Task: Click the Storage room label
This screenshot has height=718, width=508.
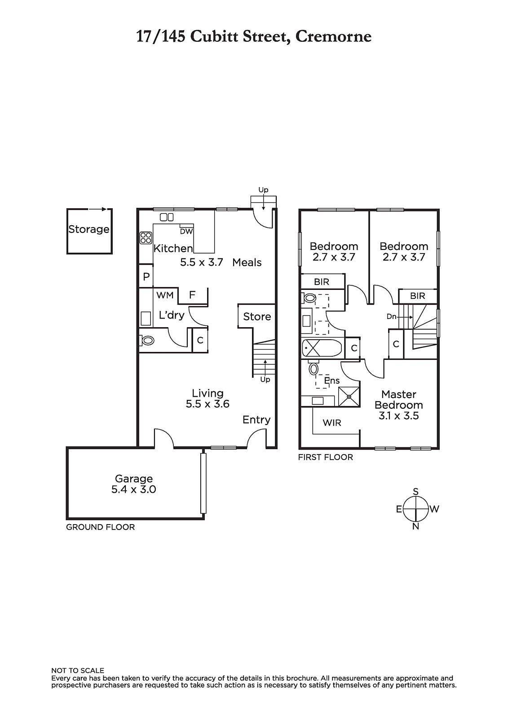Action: [89, 229]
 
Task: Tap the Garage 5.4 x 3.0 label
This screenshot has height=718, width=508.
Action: [133, 484]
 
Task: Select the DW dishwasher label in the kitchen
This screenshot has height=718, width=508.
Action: [186, 231]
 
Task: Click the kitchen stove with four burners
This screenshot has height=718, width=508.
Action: [146, 238]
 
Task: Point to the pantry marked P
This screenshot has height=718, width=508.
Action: [146, 276]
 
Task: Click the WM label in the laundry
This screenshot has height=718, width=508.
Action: [165, 295]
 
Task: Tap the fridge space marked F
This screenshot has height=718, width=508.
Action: [192, 295]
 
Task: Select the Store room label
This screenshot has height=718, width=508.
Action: [257, 317]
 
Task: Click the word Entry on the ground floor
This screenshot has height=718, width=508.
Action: [256, 420]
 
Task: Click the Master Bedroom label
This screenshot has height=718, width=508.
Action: [399, 399]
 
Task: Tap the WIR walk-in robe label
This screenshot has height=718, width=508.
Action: [332, 423]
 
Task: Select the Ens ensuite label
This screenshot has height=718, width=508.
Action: [332, 381]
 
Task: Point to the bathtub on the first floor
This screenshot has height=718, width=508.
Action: [322, 347]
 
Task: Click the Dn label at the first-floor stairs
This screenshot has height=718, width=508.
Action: [392, 317]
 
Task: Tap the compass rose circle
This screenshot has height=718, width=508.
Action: [415, 509]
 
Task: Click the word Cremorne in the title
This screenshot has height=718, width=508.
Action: [333, 36]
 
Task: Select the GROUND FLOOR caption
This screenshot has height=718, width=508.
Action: [101, 527]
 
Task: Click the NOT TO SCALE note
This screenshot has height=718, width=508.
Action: [78, 670]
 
